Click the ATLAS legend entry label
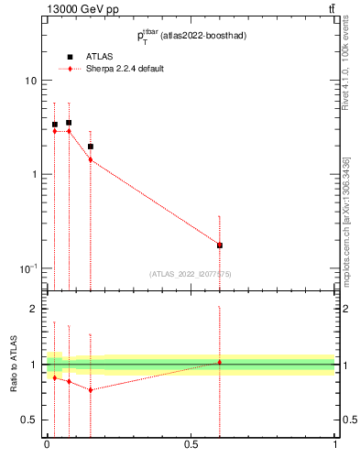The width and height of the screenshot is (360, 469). click(101, 57)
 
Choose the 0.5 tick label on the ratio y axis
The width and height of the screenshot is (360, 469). click(28, 420)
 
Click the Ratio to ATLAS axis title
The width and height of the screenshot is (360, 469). click(13, 365)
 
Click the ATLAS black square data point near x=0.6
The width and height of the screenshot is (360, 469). click(220, 245)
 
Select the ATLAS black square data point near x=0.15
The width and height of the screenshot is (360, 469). click(90, 146)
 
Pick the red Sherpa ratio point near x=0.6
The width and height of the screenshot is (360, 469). click(220, 362)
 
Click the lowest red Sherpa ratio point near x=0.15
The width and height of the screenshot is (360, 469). click(90, 389)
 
